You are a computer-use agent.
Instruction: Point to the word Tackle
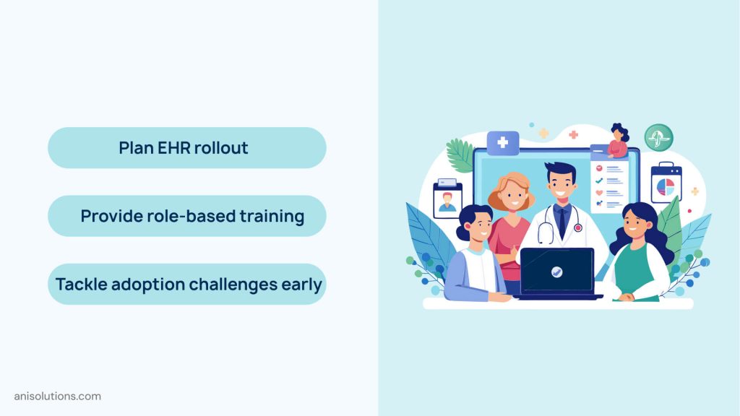(x=81, y=284)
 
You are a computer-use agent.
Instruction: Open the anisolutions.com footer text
(x=58, y=396)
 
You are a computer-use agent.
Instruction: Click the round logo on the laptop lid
(x=557, y=272)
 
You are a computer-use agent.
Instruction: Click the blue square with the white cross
(x=502, y=143)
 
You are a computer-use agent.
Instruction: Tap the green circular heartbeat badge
(x=658, y=137)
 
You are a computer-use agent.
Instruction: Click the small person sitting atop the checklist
(x=618, y=142)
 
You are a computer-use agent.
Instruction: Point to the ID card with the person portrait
(x=447, y=199)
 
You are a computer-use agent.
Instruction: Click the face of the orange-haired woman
(x=510, y=196)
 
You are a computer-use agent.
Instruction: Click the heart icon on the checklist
(x=599, y=193)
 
